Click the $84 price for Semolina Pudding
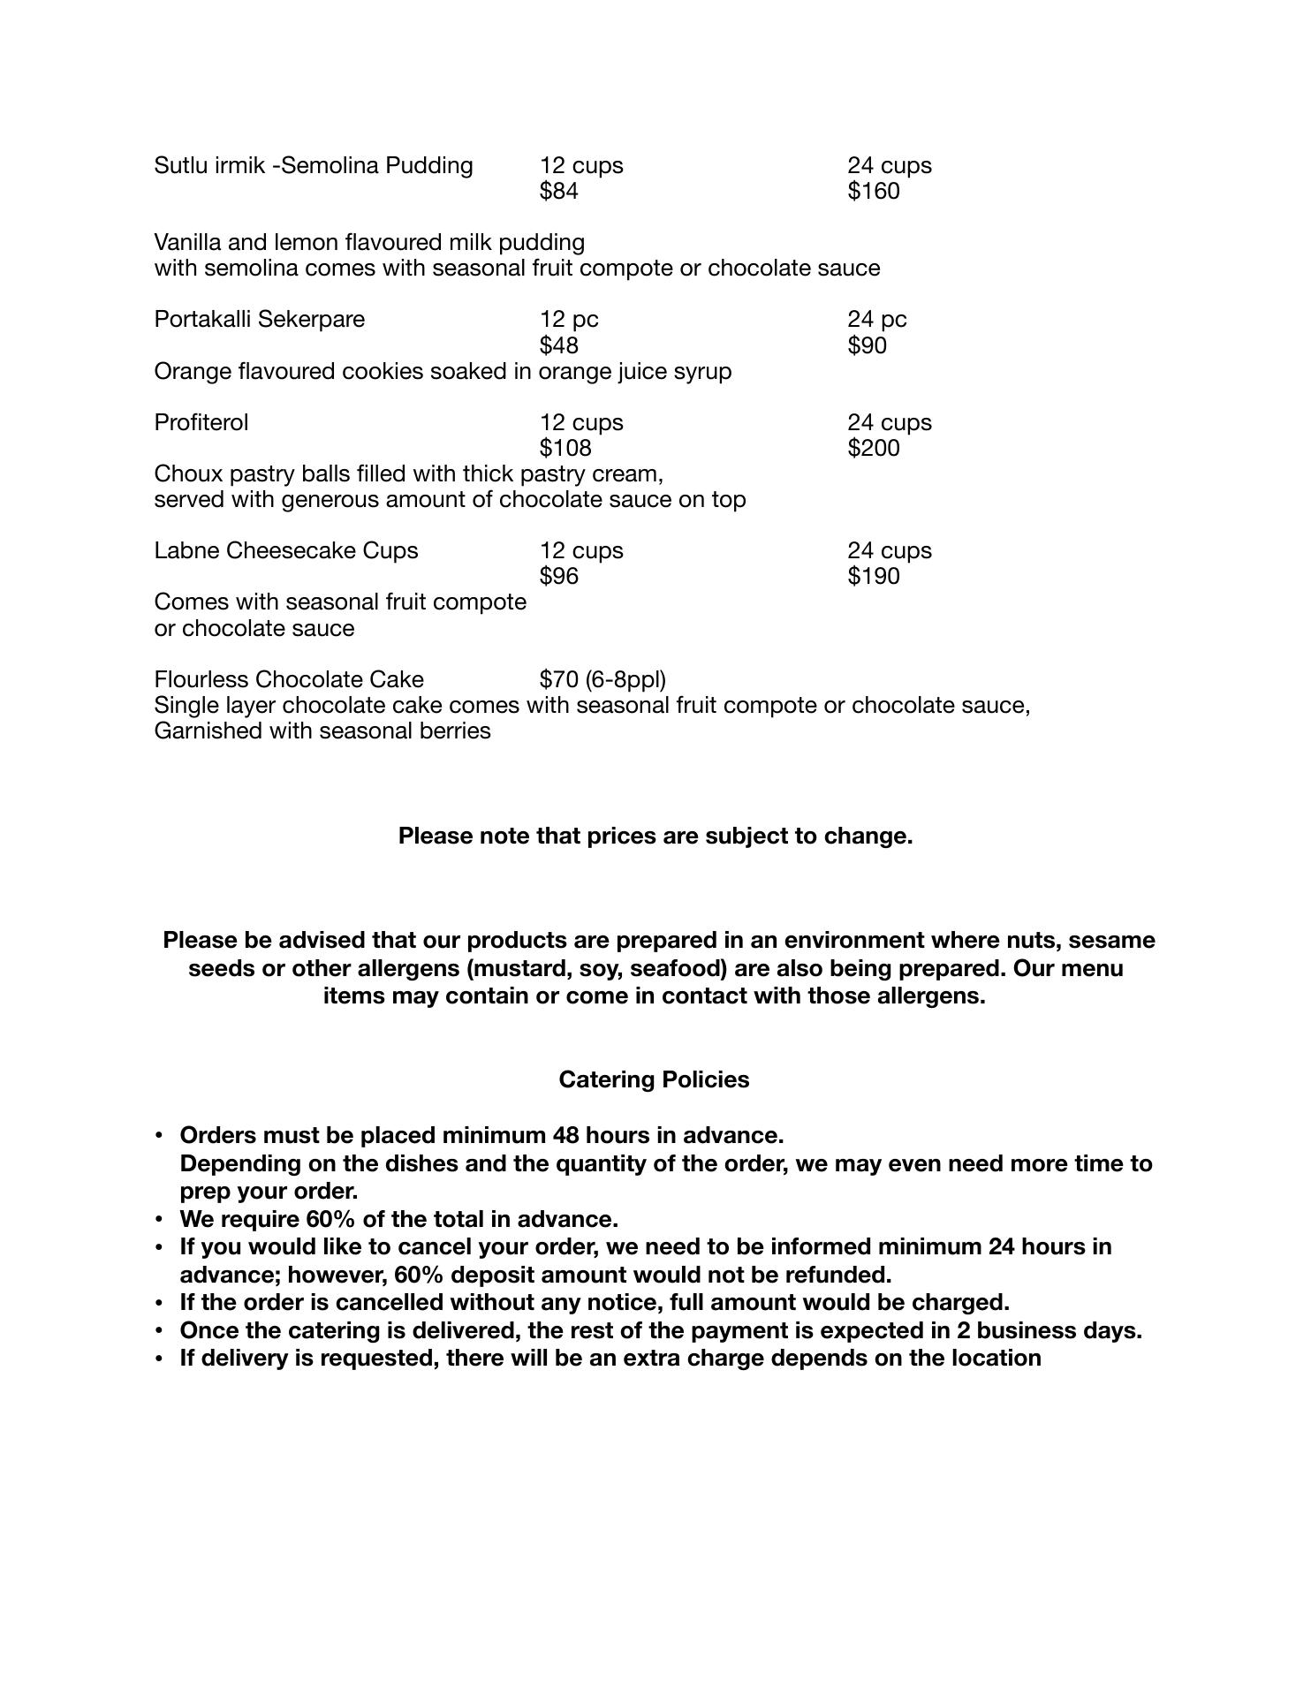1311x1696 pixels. click(558, 191)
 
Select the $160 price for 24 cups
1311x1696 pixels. click(873, 191)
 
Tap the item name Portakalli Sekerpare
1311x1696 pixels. click(259, 319)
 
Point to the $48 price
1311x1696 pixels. click(558, 345)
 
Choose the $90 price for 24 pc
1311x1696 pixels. click(867, 345)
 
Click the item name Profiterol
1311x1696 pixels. click(201, 422)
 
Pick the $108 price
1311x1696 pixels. click(565, 448)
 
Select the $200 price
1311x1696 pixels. click(873, 448)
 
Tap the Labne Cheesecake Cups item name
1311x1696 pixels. click(285, 550)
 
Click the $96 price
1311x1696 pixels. click(558, 576)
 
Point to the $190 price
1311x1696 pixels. click(873, 576)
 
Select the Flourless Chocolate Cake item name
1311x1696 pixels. click(289, 679)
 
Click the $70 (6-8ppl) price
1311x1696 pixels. click(602, 679)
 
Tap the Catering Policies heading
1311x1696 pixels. click(654, 1079)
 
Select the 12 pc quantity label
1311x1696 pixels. click(569, 319)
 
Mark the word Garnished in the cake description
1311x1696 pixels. click(209, 731)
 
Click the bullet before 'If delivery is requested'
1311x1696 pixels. click(159, 1359)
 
